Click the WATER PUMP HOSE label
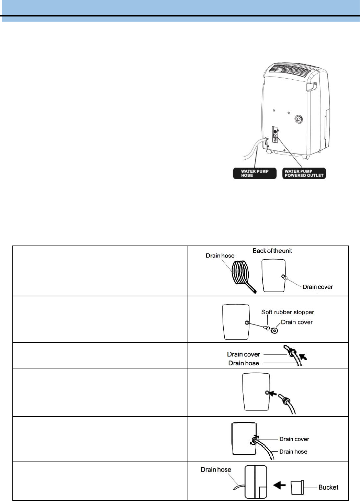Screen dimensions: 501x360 click(x=255, y=173)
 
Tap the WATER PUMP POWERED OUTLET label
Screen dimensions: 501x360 click(x=304, y=173)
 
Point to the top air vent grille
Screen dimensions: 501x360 click(x=289, y=72)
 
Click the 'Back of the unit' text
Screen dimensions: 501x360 click(x=272, y=251)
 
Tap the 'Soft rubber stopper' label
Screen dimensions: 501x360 click(x=288, y=312)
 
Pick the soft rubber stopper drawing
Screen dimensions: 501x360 click(x=266, y=328)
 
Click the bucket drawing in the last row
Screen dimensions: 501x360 click(x=297, y=487)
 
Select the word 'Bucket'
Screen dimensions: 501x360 click(x=328, y=487)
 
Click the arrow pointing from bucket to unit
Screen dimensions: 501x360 click(x=279, y=486)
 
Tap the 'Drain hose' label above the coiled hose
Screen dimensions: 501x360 click(x=220, y=256)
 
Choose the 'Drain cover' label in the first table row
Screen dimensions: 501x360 click(x=317, y=287)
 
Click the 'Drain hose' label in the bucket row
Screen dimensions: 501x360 click(x=216, y=470)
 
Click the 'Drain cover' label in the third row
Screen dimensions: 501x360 click(x=243, y=354)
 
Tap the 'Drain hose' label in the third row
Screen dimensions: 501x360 click(x=244, y=363)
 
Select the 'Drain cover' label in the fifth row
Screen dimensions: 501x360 click(x=294, y=439)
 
